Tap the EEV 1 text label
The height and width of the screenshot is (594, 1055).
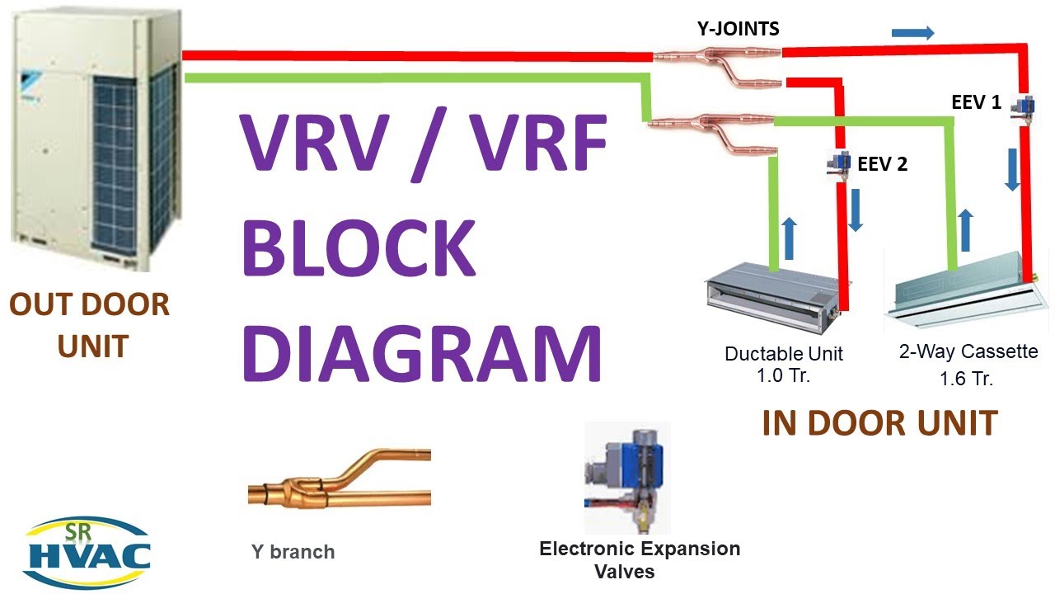pos(976,103)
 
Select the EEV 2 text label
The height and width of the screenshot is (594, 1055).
pos(882,164)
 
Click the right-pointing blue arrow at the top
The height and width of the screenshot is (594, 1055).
pos(913,33)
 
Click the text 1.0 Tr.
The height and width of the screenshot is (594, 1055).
pos(783,376)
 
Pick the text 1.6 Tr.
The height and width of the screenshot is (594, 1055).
pos(967,379)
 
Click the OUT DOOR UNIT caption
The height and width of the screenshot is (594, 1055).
pos(89,325)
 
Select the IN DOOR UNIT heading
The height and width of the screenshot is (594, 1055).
pos(879,423)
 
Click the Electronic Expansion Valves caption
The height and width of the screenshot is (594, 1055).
pos(639,559)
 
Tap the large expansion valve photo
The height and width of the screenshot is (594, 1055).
pos(626,478)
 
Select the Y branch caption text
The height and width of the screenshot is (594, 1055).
pos(293,552)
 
